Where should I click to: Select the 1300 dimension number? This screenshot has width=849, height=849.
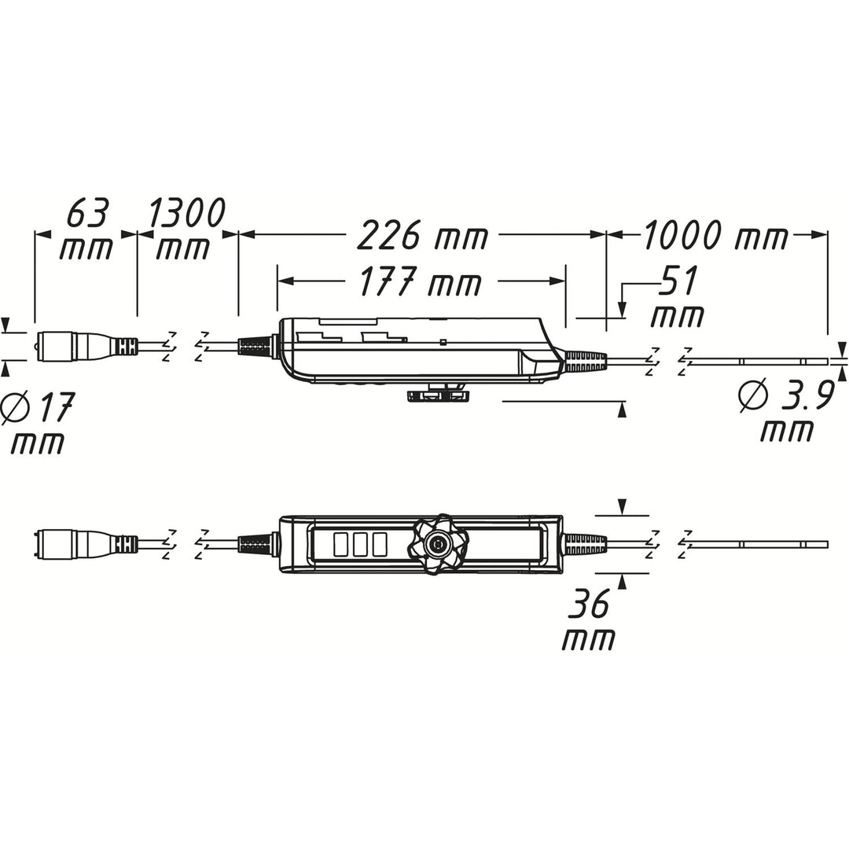[x=186, y=213]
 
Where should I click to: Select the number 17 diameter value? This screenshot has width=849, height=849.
[x=53, y=409]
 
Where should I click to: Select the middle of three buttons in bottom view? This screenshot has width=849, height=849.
[x=361, y=544]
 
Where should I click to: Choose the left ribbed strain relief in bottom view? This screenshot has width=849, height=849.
[x=255, y=543]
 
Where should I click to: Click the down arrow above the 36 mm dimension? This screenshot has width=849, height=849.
[x=623, y=507]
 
